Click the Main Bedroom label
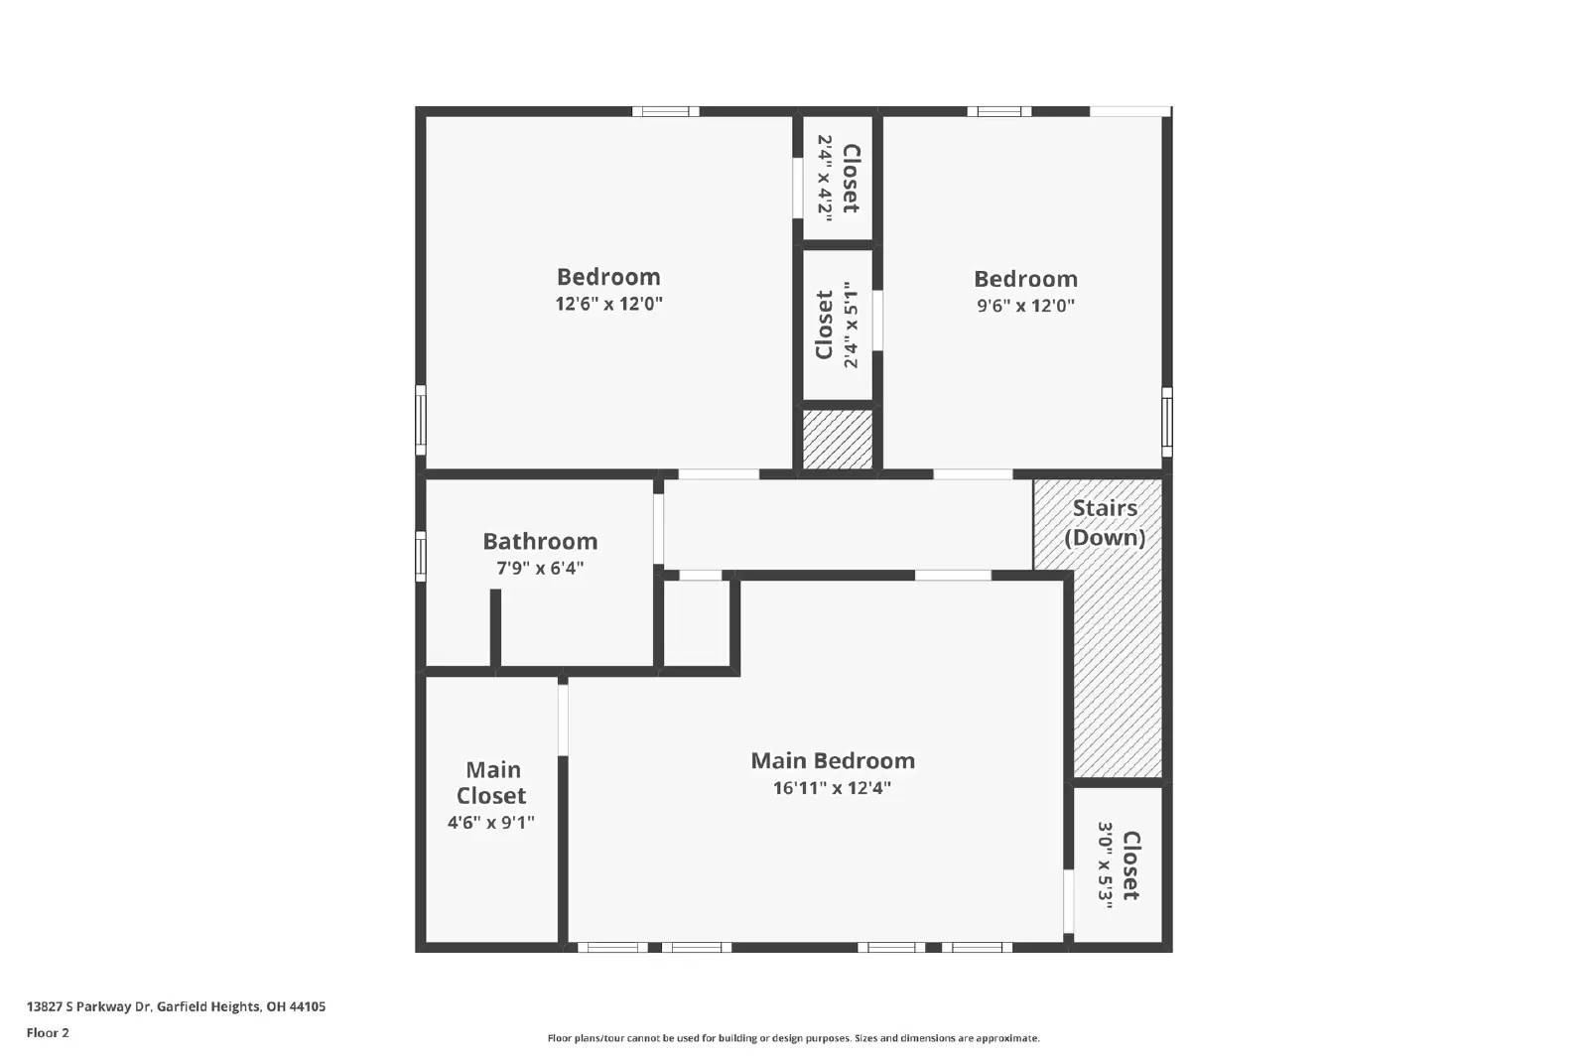(x=832, y=761)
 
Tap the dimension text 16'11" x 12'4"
(x=832, y=789)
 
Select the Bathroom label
(x=540, y=542)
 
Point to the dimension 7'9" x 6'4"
(x=540, y=569)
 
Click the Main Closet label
(x=492, y=783)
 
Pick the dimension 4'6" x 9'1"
(x=491, y=823)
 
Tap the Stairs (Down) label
(x=1105, y=523)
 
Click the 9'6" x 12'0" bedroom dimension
(x=1025, y=307)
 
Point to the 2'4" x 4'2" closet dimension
(x=825, y=179)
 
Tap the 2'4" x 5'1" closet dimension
(x=850, y=325)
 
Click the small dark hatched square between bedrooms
(x=837, y=439)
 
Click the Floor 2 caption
(x=48, y=1033)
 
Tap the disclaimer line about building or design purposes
(x=793, y=1038)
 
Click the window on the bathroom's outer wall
(x=421, y=557)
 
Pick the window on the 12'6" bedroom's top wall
(x=665, y=111)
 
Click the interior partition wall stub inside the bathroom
(x=495, y=628)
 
